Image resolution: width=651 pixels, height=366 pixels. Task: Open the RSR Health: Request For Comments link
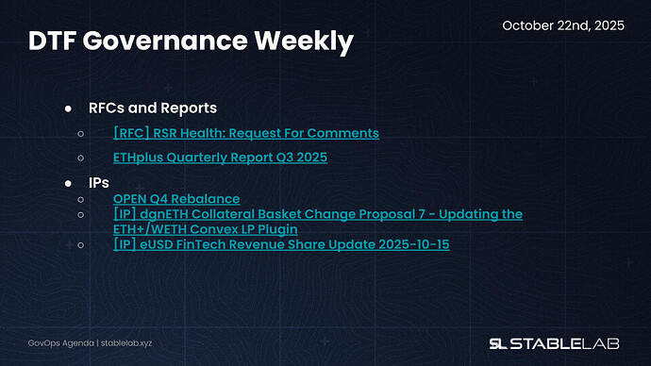245,133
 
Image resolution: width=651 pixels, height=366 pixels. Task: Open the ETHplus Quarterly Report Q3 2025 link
220,157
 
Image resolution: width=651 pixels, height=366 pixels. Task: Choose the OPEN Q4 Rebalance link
175,198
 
